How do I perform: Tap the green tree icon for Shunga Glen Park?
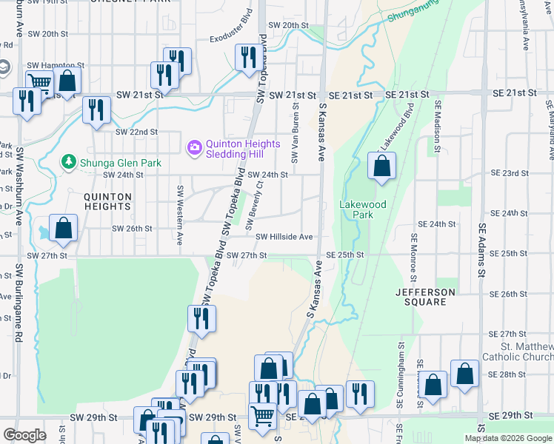[69, 161]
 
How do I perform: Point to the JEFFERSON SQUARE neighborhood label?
[430, 297]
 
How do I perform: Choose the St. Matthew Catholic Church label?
[526, 351]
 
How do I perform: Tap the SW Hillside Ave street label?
[284, 237]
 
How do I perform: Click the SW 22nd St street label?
[137, 132]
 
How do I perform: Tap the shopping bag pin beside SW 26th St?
[63, 229]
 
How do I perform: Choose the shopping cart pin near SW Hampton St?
[39, 84]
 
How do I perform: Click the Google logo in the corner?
[24, 435]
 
